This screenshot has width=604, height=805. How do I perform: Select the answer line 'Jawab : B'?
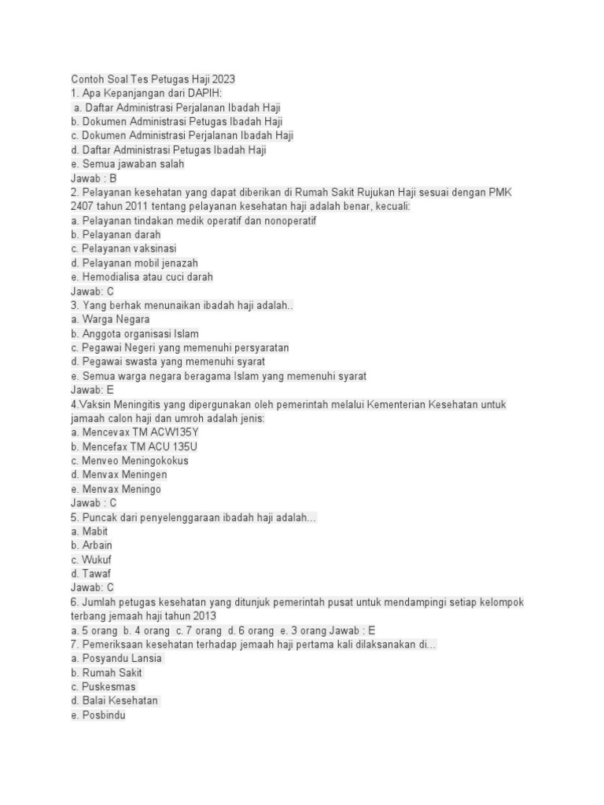pos(94,178)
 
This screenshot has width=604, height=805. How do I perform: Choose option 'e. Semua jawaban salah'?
pos(127,164)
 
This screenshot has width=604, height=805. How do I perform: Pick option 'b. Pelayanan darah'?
pos(116,234)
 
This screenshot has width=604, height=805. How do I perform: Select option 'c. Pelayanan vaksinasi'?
pos(123,248)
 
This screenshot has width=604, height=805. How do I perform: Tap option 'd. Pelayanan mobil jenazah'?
pos(134,263)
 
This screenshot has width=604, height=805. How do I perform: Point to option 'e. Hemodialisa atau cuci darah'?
pos(142,277)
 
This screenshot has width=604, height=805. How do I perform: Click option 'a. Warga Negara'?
pos(110,319)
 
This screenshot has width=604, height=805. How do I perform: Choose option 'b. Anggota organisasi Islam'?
pos(134,333)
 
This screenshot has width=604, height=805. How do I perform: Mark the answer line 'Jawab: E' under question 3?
pos(92,389)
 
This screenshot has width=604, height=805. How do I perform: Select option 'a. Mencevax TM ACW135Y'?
pos(134,432)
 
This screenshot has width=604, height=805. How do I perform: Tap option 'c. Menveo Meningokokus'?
pos(130,461)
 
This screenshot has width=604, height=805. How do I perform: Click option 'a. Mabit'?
pos(89,531)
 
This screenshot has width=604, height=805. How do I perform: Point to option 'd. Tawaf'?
pos(90,574)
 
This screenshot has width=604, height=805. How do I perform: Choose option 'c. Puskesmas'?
pos(103,686)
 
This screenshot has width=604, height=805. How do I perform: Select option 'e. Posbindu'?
pos(98,715)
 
